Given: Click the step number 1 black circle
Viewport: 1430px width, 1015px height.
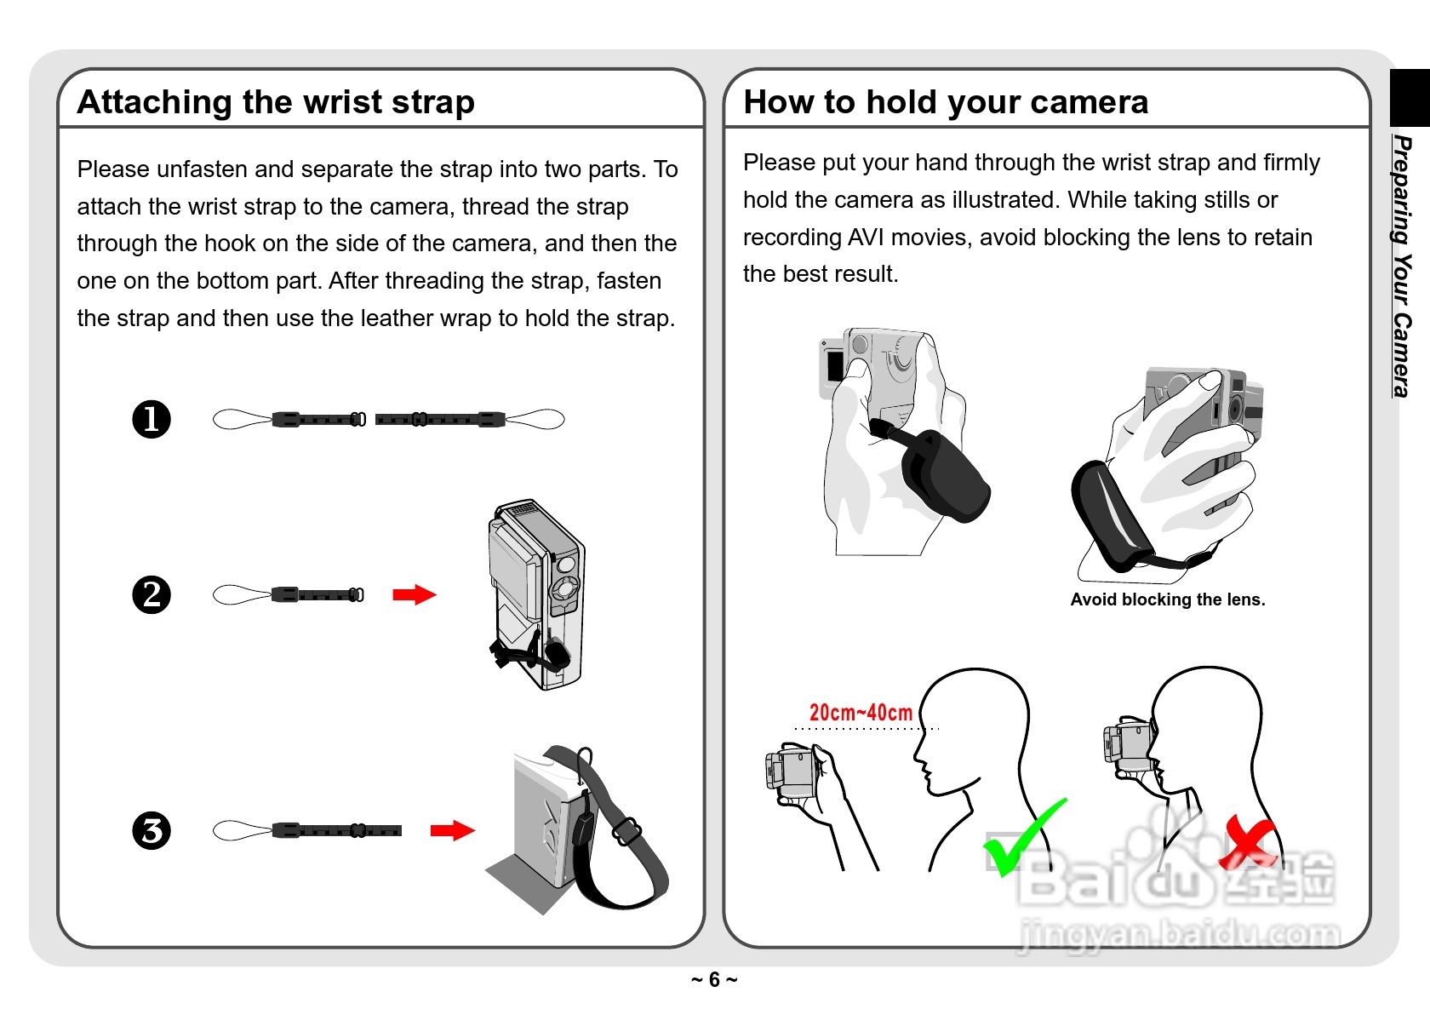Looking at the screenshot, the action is coord(152,420).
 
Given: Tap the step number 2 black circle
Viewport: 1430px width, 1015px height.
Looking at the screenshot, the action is coord(152,594).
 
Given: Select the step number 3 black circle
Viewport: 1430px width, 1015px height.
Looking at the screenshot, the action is coord(152,830).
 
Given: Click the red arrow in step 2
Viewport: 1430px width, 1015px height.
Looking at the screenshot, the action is coord(415,594).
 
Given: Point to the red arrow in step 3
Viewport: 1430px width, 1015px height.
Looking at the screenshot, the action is coord(453,830).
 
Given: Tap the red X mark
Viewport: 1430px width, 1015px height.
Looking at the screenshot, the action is coord(1247,842).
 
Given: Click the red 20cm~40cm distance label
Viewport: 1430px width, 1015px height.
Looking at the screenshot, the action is coord(861,712).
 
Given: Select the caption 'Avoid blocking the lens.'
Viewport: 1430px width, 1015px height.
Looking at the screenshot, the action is coord(1168,599).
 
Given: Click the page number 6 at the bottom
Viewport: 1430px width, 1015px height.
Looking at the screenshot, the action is coord(714,980).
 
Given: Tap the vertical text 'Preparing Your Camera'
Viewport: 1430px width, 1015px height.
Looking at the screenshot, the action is coord(1402,266).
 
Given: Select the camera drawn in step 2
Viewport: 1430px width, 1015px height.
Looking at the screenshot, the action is coord(536,594).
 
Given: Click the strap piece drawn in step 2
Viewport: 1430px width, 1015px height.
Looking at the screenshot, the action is coord(288,594).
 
